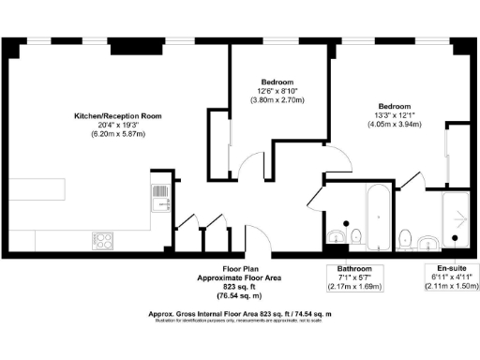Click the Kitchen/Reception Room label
click(118, 116)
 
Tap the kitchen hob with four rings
click(102, 240)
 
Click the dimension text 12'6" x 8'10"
click(278, 90)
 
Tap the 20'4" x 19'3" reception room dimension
click(118, 126)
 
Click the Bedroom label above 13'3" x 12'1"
click(395, 105)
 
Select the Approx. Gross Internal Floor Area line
click(241, 313)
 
